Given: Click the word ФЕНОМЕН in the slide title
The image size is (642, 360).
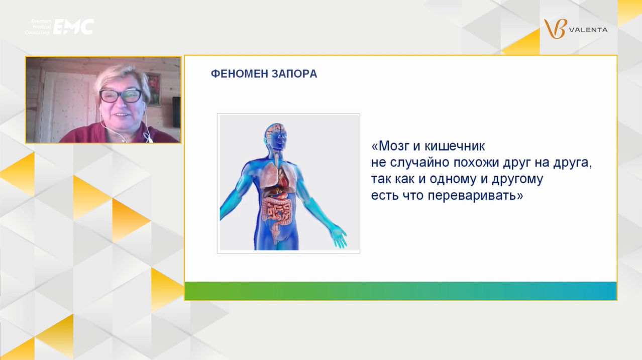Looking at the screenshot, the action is pos(239,74).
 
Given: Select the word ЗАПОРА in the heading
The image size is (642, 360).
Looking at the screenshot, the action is pos(294,74).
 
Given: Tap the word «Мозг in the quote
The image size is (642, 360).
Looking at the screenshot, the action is pos(390,146).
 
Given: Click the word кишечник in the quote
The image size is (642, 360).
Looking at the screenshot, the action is pos(455,146).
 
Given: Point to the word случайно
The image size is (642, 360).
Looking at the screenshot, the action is pos(419,163).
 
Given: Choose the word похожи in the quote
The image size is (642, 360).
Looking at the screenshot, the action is pos(476,163).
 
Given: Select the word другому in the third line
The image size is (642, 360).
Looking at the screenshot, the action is pos(517,179).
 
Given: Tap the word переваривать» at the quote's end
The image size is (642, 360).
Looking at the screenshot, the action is pos(476,196).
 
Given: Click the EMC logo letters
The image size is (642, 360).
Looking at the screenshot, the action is pos(74,27).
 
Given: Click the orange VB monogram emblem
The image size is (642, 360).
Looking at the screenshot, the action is pos(556,29).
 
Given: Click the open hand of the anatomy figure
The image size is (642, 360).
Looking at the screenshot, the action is pos(339,237).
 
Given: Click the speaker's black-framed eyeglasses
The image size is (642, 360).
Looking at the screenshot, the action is pos(121,96).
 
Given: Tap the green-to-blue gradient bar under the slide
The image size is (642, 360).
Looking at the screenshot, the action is pos(400,291).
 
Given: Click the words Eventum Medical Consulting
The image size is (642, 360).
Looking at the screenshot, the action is pos(38,27).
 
